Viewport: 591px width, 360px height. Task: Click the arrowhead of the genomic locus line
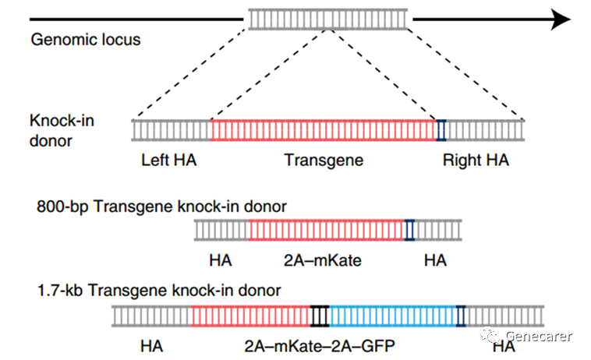point(566,19)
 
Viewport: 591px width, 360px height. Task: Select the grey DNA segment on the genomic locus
point(328,19)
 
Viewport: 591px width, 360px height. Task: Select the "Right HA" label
point(476,161)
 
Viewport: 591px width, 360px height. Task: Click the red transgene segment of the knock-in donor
point(323,129)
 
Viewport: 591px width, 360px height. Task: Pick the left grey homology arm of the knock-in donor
point(172,129)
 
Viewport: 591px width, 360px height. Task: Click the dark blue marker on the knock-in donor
point(441,129)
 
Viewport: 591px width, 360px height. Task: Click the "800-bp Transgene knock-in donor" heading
point(161,206)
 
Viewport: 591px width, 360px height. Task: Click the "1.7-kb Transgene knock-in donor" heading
point(158,290)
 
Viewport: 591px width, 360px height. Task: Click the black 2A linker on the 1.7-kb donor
point(320,316)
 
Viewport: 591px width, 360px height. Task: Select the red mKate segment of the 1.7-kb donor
point(250,316)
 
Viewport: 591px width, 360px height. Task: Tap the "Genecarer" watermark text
point(539,337)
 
